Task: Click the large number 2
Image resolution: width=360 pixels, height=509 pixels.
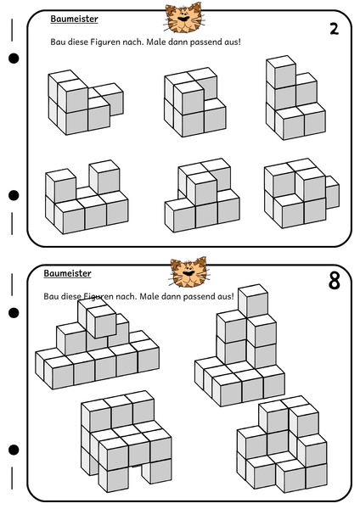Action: point(334,29)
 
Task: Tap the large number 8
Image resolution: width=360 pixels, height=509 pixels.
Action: point(334,281)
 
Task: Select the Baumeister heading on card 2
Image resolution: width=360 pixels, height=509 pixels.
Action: point(74,19)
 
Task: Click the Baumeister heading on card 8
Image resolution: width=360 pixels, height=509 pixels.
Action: point(67,273)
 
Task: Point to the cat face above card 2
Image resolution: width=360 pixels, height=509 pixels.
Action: point(183,18)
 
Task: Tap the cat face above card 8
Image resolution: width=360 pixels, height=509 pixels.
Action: point(189,272)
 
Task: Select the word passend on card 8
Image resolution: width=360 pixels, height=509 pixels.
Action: point(200,297)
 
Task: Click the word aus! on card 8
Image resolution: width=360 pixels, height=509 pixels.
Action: point(226,296)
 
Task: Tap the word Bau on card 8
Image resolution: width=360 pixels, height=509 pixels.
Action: point(51,296)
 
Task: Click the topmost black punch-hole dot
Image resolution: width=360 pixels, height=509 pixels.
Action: point(14,59)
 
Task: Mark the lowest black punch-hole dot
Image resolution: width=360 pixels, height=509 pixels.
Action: point(14,450)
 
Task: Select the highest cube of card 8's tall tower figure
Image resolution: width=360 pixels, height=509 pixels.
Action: point(253,301)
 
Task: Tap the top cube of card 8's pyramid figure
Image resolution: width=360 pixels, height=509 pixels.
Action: point(102,322)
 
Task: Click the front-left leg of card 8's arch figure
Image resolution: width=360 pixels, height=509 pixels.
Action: point(114,477)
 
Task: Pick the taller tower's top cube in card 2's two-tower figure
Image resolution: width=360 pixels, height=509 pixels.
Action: point(104,177)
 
